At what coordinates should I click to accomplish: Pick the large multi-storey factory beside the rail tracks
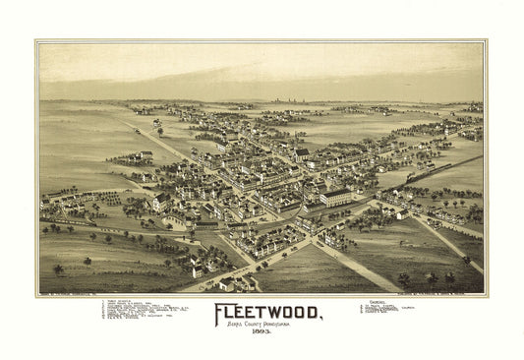335,197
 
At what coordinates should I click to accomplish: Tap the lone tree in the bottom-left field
59,269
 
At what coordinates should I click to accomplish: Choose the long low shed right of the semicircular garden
205,225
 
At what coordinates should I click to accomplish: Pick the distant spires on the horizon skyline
285,99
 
